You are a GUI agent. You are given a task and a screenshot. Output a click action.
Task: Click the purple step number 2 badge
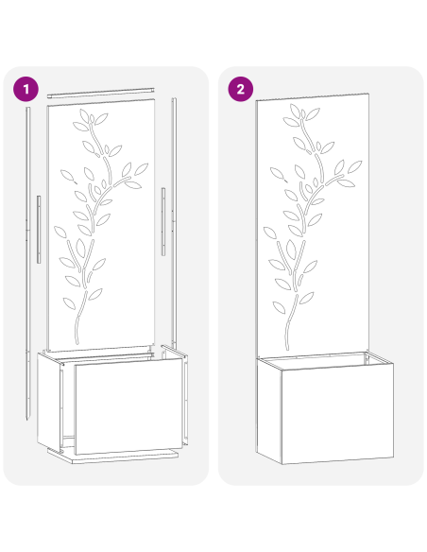pyautogui.click(x=241, y=89)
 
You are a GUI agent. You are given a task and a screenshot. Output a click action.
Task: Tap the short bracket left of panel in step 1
pyautogui.click(x=38, y=229)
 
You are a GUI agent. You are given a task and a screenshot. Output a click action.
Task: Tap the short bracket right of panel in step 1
pyautogui.click(x=163, y=220)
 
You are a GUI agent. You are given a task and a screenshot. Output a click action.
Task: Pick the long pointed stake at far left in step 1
pyautogui.click(x=28, y=265)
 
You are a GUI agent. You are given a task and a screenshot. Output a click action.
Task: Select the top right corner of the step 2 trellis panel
pyautogui.click(x=367, y=94)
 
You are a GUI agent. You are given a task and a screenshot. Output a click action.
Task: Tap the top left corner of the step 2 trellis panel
pyautogui.click(x=257, y=100)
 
